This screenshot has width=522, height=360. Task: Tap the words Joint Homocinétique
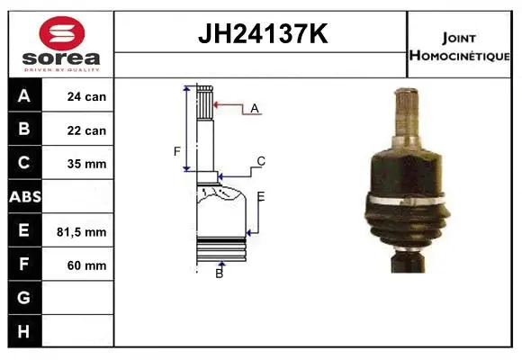[460, 46]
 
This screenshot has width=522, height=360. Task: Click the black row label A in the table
[23, 96]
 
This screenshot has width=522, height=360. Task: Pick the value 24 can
[86, 96]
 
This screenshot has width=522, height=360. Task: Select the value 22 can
[86, 130]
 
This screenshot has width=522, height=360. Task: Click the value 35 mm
[86, 164]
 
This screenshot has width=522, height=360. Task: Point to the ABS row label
[23, 197]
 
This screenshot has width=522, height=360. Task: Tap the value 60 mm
[86, 265]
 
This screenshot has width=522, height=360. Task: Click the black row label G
[23, 298]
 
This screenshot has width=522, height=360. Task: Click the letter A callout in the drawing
[255, 108]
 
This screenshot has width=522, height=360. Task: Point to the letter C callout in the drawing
[260, 162]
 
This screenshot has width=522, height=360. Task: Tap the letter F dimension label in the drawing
[177, 151]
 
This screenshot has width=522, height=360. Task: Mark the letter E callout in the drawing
[261, 196]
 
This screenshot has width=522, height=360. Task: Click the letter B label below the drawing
[219, 273]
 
